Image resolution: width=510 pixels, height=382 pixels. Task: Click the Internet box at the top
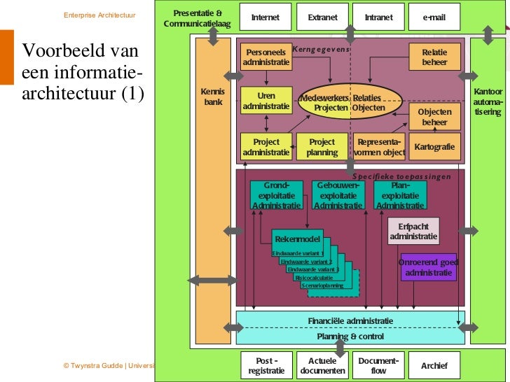pos(266,17)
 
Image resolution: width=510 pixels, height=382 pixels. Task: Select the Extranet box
pos(322,17)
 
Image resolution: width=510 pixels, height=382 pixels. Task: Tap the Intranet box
pos(378,17)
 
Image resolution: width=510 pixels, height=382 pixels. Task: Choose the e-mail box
pos(434,17)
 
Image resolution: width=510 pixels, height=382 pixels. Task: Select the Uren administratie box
pos(266,101)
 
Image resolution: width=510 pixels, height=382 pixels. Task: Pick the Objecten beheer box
pos(434,117)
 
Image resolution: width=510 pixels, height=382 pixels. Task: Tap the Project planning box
pos(322,147)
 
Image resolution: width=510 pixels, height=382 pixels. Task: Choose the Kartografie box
pos(434,147)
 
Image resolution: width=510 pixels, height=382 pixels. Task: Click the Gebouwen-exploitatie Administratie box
pos(338,196)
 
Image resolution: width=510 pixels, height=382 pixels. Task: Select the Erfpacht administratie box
pos(413,232)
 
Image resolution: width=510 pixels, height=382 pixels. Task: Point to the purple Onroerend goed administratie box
pos(428,267)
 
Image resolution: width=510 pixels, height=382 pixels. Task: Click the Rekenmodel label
pos(297,239)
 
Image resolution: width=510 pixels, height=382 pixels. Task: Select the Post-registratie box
pos(266,365)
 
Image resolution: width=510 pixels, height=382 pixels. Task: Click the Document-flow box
pos(378,365)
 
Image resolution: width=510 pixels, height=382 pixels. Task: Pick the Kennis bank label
pos(212,97)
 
